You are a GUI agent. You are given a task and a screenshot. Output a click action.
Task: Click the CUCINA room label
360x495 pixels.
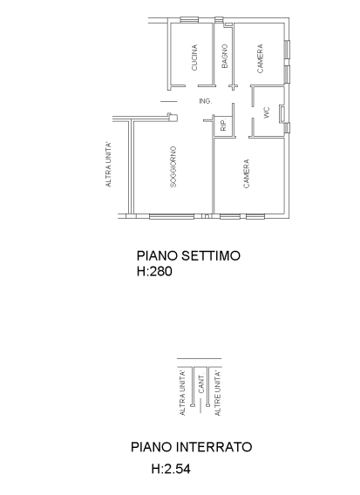tap(194, 58)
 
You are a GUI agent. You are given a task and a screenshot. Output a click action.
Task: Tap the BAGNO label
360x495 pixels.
tap(225, 56)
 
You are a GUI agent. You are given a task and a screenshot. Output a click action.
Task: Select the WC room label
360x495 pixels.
tap(267, 112)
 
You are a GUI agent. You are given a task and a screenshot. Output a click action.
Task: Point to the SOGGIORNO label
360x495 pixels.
tap(173, 166)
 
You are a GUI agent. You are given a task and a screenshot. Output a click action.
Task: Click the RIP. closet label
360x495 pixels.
tap(223, 125)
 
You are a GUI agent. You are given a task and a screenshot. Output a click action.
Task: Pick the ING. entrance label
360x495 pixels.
tap(205, 101)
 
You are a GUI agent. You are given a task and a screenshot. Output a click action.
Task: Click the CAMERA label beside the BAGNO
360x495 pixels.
tap(260, 58)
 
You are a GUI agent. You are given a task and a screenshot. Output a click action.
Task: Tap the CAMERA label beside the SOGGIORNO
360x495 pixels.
tap(247, 173)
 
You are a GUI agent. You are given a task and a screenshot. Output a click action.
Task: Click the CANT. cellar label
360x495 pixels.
tap(201, 383)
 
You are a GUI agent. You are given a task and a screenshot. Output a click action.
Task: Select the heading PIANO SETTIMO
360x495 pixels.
tap(188, 255)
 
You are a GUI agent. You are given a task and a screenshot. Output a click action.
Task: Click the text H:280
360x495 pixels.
tap(154, 271)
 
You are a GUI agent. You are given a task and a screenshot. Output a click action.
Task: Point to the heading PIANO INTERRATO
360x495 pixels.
tap(192, 447)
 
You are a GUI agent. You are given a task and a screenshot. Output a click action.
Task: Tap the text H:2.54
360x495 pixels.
tap(171, 469)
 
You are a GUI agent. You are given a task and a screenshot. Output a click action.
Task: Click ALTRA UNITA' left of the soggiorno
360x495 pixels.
tap(108, 165)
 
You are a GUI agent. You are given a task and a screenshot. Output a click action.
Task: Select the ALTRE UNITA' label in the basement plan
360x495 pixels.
tap(218, 393)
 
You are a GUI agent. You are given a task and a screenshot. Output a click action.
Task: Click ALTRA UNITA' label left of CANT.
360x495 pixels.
tap(182, 393)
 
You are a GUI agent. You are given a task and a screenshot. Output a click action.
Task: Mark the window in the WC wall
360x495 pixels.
tap(282, 114)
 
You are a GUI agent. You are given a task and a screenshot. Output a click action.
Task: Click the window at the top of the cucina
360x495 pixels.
tap(189, 20)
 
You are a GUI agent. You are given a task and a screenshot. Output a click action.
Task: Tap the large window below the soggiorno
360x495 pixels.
tap(172, 216)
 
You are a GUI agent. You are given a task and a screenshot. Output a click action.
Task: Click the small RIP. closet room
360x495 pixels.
tap(223, 126)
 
